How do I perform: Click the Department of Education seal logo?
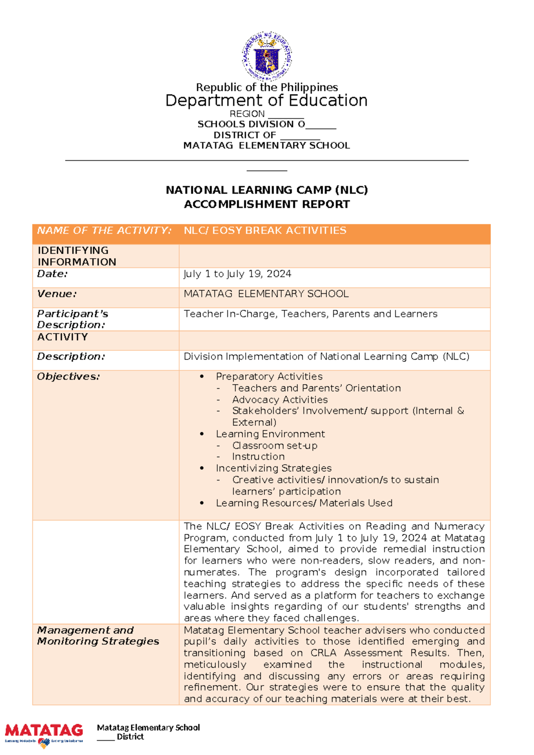[267, 56]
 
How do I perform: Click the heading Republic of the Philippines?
[267, 87]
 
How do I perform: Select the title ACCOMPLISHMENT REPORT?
[267, 204]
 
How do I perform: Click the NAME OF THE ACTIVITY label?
[104, 231]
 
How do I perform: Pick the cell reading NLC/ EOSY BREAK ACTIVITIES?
[265, 231]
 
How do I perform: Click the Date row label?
[53, 274]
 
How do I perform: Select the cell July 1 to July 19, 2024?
[237, 274]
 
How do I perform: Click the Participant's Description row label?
[72, 319]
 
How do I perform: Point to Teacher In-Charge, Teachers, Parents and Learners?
[310, 314]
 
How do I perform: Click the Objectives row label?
[68, 377]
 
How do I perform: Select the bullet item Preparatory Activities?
[269, 377]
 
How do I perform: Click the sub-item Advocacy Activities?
[279, 400]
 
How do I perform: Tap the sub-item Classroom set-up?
[275, 446]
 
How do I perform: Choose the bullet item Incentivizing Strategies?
[273, 468]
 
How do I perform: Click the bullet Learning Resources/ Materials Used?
[304, 503]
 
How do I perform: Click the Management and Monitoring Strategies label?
[98, 636]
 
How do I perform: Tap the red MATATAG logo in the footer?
[44, 731]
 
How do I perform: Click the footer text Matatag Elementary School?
[148, 727]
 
